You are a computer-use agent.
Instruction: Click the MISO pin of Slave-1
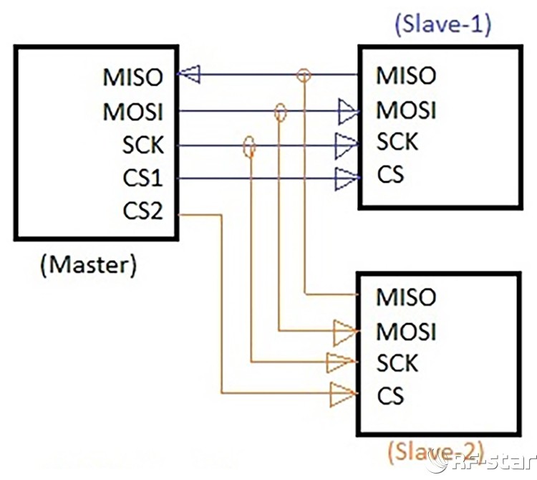click(405, 75)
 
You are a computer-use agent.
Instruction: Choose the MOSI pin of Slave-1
click(405, 111)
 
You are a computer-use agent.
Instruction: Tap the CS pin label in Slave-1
click(390, 174)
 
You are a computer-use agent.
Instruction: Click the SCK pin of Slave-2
click(397, 363)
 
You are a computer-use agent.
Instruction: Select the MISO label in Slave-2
click(405, 297)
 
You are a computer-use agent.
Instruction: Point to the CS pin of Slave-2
click(390, 395)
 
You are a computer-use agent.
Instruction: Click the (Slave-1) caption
click(442, 26)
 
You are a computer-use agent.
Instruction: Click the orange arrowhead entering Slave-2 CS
click(342, 393)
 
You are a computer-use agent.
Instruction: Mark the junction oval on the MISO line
click(304, 74)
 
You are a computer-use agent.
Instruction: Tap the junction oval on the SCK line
click(249, 146)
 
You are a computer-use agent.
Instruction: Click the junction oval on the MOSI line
click(280, 111)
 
